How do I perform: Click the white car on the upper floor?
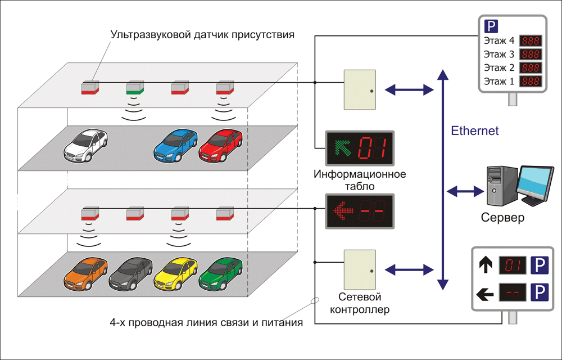85,145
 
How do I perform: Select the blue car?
175,145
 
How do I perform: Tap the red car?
220,145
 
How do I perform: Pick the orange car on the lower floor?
85,274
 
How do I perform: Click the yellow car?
175,274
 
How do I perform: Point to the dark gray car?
130,274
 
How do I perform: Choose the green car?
220,274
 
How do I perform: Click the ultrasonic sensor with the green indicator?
135,88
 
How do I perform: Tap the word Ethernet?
474,131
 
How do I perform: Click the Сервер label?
502,217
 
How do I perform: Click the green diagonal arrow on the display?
343,148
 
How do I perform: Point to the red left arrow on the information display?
343,211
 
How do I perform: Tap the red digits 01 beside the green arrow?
372,148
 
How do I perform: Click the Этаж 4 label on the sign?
498,40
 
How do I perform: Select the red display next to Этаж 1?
531,82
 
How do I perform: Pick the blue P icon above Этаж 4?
491,26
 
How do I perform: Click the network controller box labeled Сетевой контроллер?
360,269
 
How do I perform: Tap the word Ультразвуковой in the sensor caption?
151,35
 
